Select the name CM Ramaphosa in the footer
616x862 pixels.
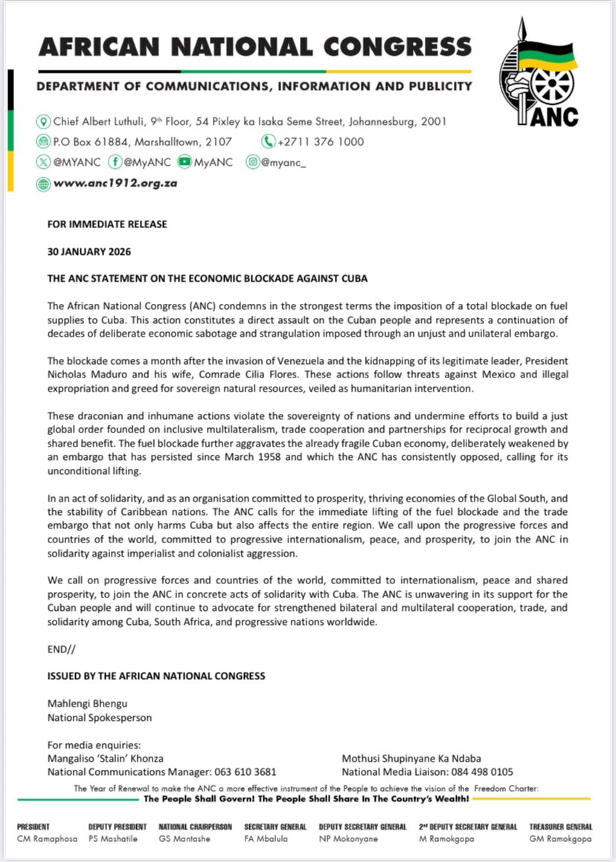(x=44, y=839)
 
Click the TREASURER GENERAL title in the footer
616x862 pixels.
(x=560, y=826)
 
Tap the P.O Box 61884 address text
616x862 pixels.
(x=142, y=142)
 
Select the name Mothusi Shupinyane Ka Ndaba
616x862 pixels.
(x=411, y=759)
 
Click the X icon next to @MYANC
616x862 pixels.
(x=43, y=163)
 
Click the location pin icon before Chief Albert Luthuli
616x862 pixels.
(x=43, y=121)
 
